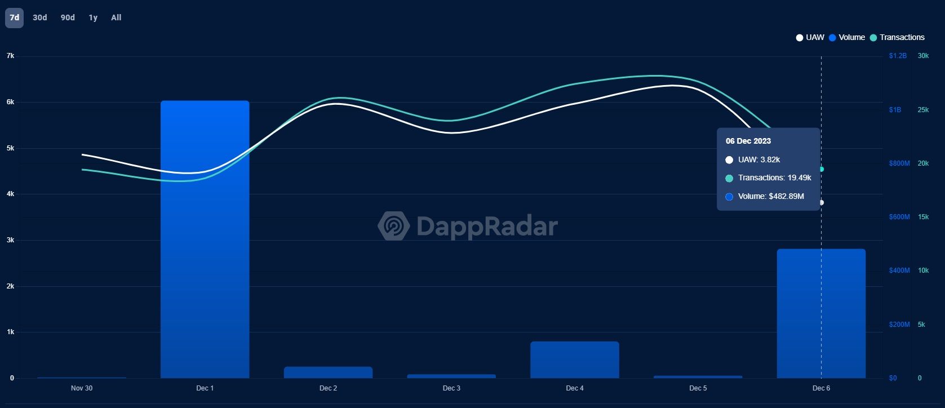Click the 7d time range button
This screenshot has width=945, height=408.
coord(14,17)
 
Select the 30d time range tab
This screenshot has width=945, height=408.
coord(40,17)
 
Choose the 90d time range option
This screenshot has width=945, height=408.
coord(68,17)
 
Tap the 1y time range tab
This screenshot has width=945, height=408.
coord(93,17)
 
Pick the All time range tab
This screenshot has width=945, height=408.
coord(116,17)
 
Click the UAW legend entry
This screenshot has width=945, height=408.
coord(810,37)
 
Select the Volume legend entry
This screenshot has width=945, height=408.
coord(847,37)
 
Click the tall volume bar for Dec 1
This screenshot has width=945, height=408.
coord(205,240)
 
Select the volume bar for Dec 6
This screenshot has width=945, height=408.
coord(820,313)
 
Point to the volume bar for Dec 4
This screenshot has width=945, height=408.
coord(574,360)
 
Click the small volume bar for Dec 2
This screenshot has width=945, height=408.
coord(328,372)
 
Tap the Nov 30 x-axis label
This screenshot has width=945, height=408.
coord(82,388)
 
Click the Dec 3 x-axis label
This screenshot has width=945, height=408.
coord(451,388)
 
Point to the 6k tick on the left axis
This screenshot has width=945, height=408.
coord(11,102)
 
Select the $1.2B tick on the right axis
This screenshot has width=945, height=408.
coord(898,56)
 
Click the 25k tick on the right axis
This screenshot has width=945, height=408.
coord(923,110)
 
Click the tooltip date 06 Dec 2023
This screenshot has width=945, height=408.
coord(748,141)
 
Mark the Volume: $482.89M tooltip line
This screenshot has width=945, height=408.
coord(770,196)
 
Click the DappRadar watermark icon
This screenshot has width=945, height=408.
coord(393,226)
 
